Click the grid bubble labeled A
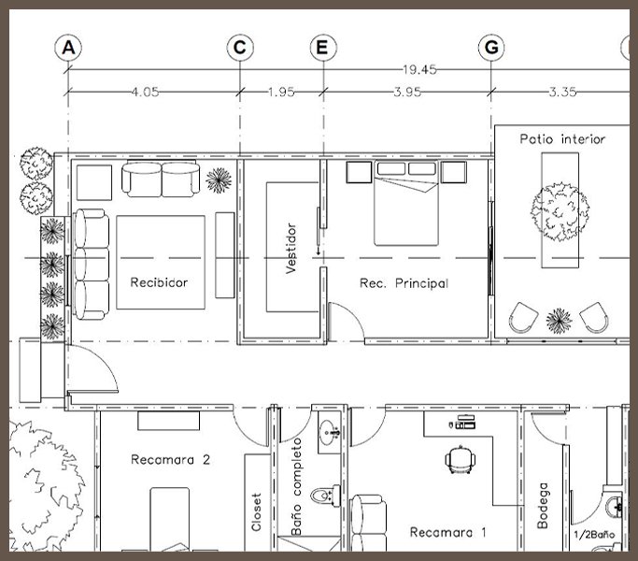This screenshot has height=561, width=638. coord(68,48)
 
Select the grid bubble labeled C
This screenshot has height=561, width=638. coord(240,48)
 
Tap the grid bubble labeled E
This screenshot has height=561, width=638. coord(323,48)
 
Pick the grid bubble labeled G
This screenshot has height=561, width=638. coord(491,48)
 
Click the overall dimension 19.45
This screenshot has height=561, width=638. coord(419,70)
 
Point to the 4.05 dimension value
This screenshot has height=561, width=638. coord(146,92)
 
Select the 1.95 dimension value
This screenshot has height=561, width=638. coord(281,92)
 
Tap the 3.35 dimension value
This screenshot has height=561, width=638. coord(562,92)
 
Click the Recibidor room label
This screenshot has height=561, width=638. coord(159,282)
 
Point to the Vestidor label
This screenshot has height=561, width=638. coord(291,248)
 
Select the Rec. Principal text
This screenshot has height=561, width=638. coord(404,283)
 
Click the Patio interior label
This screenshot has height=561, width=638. coord(562,139)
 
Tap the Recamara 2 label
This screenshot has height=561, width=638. coord(171,460)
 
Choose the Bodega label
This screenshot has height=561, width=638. coord(543,506)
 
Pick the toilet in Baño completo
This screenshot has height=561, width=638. coord(325,496)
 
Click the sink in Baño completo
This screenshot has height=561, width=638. coord(330,432)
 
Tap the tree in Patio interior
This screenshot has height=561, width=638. coord(560,211)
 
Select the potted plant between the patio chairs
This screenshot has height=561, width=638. coord(559,321)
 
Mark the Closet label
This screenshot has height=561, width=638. coord(256,512)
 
